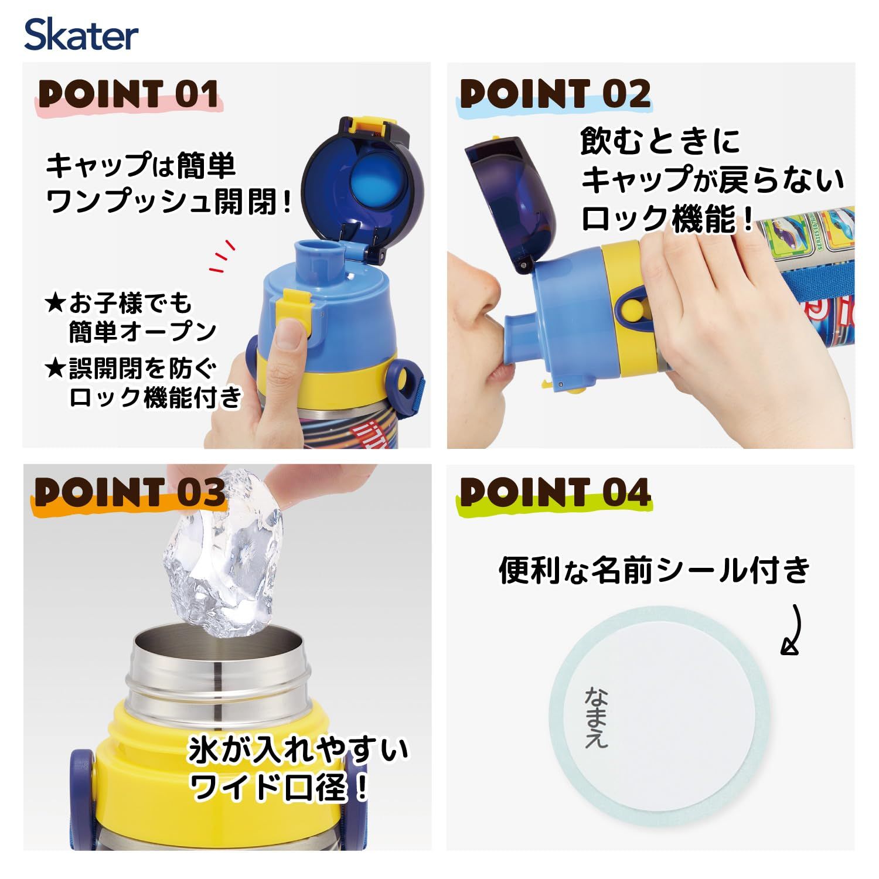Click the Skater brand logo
point(81,35)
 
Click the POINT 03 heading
point(130,492)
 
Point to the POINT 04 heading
point(555,492)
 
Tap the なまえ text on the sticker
point(597,718)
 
